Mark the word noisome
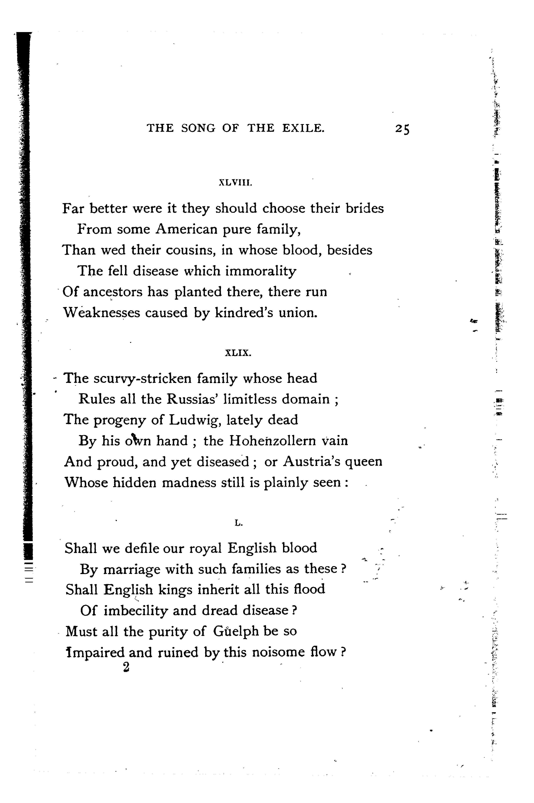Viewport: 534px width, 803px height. (271, 652)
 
